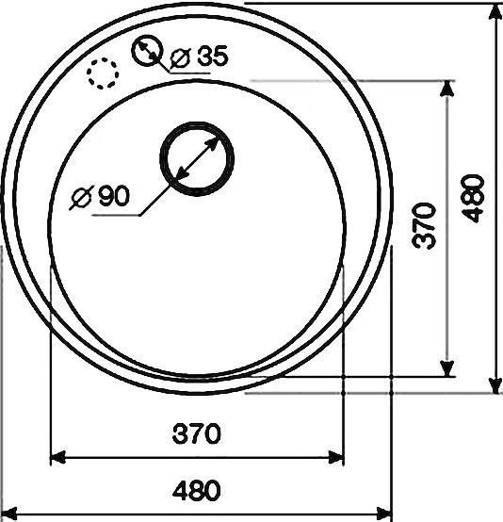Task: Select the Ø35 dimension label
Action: pos(199,57)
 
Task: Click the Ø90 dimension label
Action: pos(100,196)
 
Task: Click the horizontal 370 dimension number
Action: pos(197,433)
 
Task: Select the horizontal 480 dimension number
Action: pos(197,490)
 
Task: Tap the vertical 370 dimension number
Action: pos(424,226)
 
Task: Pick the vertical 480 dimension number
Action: pos(473,198)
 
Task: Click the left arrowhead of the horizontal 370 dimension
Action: pos(57,457)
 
